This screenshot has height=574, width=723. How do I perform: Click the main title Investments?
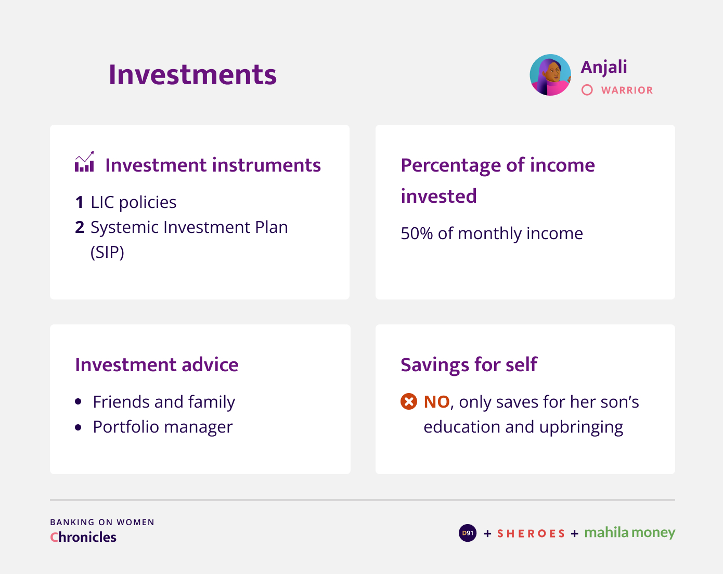point(192,74)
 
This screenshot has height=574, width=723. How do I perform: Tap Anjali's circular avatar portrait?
point(550,75)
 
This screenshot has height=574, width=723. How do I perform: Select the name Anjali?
point(604,67)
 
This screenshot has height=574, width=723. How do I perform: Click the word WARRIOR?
point(627,90)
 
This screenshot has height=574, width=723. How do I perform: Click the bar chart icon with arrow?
point(84,162)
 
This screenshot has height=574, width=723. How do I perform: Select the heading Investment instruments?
point(213,165)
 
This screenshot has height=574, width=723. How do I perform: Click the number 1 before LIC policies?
point(79,202)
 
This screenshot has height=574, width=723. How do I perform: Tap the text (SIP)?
point(107,252)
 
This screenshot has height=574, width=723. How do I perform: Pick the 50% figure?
point(417,233)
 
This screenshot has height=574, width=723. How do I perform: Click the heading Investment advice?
point(157,365)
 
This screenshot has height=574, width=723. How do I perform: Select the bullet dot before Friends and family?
point(78,402)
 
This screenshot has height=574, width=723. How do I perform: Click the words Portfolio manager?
point(163,427)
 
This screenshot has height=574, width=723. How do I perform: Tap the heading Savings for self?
point(469,365)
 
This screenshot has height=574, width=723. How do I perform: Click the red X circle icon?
point(409,401)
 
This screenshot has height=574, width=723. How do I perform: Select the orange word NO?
point(436,402)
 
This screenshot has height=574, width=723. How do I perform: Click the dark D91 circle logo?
point(468,533)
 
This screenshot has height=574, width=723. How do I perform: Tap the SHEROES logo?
point(531,533)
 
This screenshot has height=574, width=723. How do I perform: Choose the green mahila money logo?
point(629,533)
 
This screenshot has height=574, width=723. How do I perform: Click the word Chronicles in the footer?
point(83,537)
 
